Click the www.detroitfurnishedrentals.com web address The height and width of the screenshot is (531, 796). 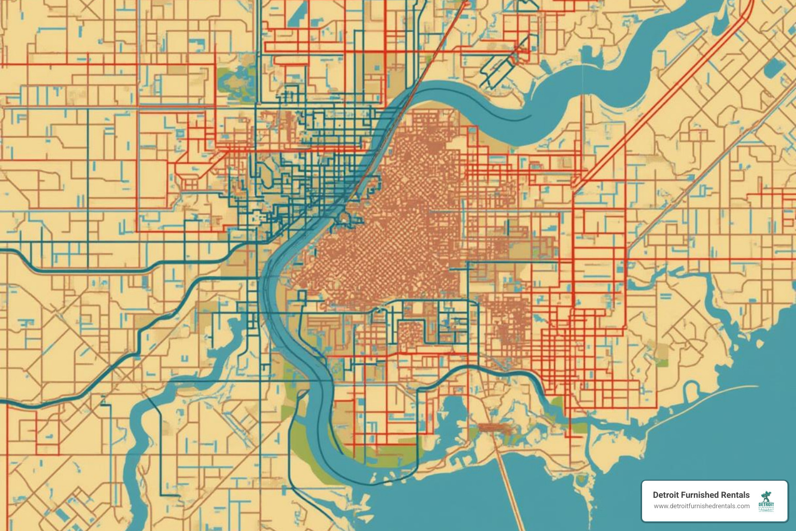pos(701,506)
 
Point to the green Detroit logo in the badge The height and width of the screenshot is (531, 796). pos(766,501)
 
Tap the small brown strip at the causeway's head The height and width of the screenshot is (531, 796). pos(495,428)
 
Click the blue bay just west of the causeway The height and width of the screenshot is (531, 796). pos(453,415)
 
